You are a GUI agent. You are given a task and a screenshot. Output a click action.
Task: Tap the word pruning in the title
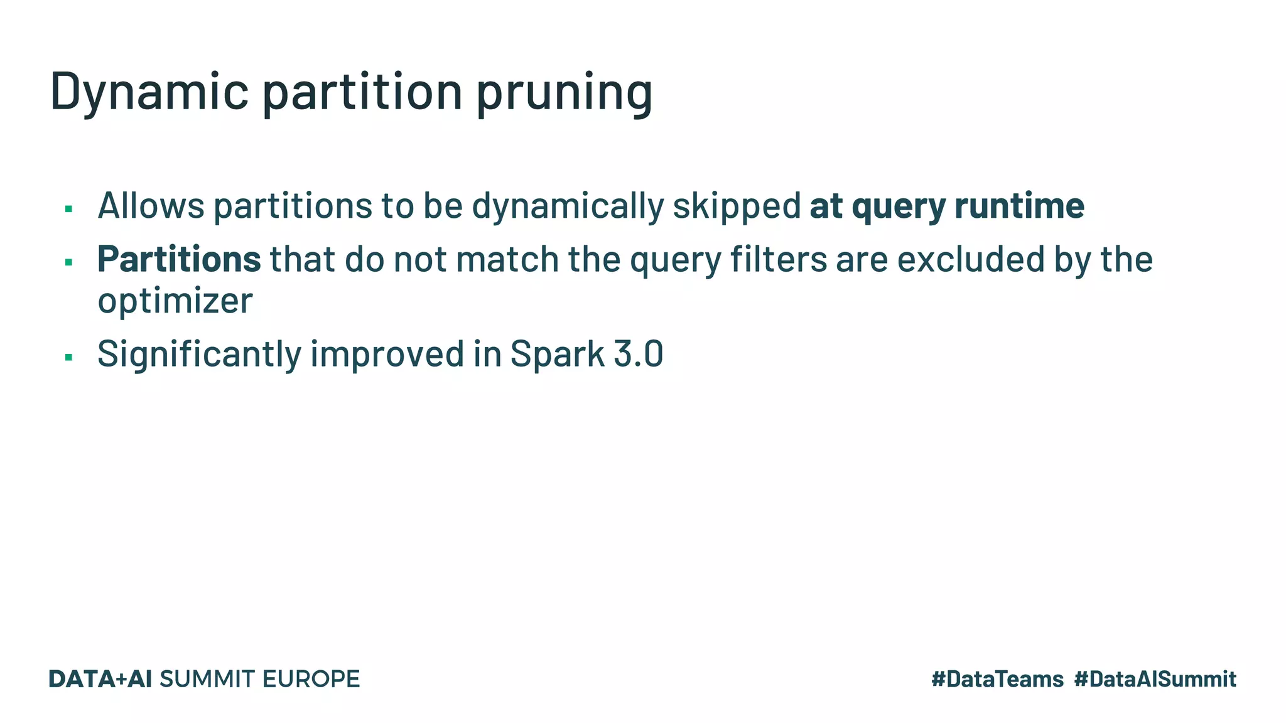[564, 92]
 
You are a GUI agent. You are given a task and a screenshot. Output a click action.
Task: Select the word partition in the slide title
[362, 92]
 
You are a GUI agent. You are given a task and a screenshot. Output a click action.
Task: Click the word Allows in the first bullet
[151, 206]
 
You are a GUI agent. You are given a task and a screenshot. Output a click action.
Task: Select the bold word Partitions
[179, 259]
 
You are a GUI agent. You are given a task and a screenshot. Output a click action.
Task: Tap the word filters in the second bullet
[778, 259]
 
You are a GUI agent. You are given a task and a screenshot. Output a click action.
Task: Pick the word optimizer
[175, 301]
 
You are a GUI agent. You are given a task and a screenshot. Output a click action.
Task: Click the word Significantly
[199, 354]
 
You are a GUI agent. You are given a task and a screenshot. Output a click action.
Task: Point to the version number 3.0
[638, 354]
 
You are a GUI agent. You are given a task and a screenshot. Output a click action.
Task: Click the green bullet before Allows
[68, 209]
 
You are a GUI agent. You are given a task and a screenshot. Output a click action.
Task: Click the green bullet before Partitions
[68, 262]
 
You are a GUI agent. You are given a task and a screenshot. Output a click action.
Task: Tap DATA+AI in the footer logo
[100, 679]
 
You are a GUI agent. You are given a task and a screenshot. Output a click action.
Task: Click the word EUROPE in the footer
[311, 679]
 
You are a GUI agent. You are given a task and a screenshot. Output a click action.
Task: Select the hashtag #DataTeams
[997, 679]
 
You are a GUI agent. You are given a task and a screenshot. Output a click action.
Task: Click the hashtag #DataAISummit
[1155, 679]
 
